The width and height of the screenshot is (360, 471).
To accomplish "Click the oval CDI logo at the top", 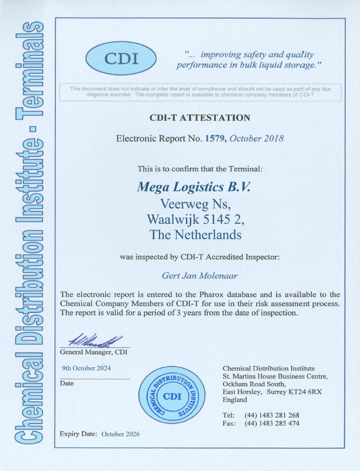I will (x=121, y=58).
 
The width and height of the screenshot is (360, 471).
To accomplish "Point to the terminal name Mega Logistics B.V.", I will (x=193, y=187).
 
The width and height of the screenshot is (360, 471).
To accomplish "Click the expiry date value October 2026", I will (x=120, y=434).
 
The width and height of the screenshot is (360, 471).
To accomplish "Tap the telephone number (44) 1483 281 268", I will (x=271, y=415).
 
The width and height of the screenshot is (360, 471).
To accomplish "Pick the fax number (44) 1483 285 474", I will (x=271, y=423).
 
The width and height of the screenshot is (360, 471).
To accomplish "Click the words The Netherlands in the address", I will (x=195, y=234).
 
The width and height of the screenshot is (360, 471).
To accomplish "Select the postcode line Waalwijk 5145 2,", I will (x=195, y=219).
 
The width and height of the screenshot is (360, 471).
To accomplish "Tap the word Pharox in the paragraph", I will (x=220, y=295).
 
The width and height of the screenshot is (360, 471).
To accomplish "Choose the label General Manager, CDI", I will (x=94, y=352).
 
